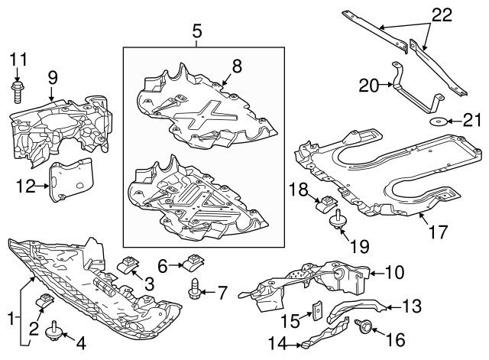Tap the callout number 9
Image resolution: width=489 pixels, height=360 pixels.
coord(52,77)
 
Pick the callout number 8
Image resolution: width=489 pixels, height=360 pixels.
coord(237,67)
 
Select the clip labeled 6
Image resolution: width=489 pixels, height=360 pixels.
coord(192,265)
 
